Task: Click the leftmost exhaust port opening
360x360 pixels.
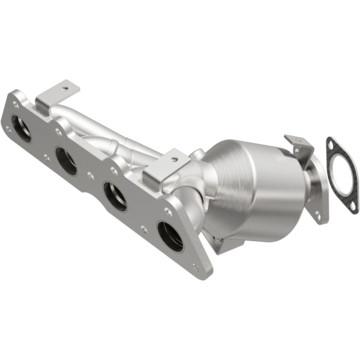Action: pyautogui.click(x=21, y=128)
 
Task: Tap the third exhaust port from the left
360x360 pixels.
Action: pyautogui.click(x=115, y=196)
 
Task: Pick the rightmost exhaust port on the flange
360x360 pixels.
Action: pyautogui.click(x=170, y=236)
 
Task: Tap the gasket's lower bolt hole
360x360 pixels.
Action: pyautogui.click(x=352, y=206)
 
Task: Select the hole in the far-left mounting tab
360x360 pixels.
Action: pyautogui.click(x=65, y=88)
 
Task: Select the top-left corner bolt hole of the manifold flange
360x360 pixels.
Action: pyautogui.click(x=16, y=104)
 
